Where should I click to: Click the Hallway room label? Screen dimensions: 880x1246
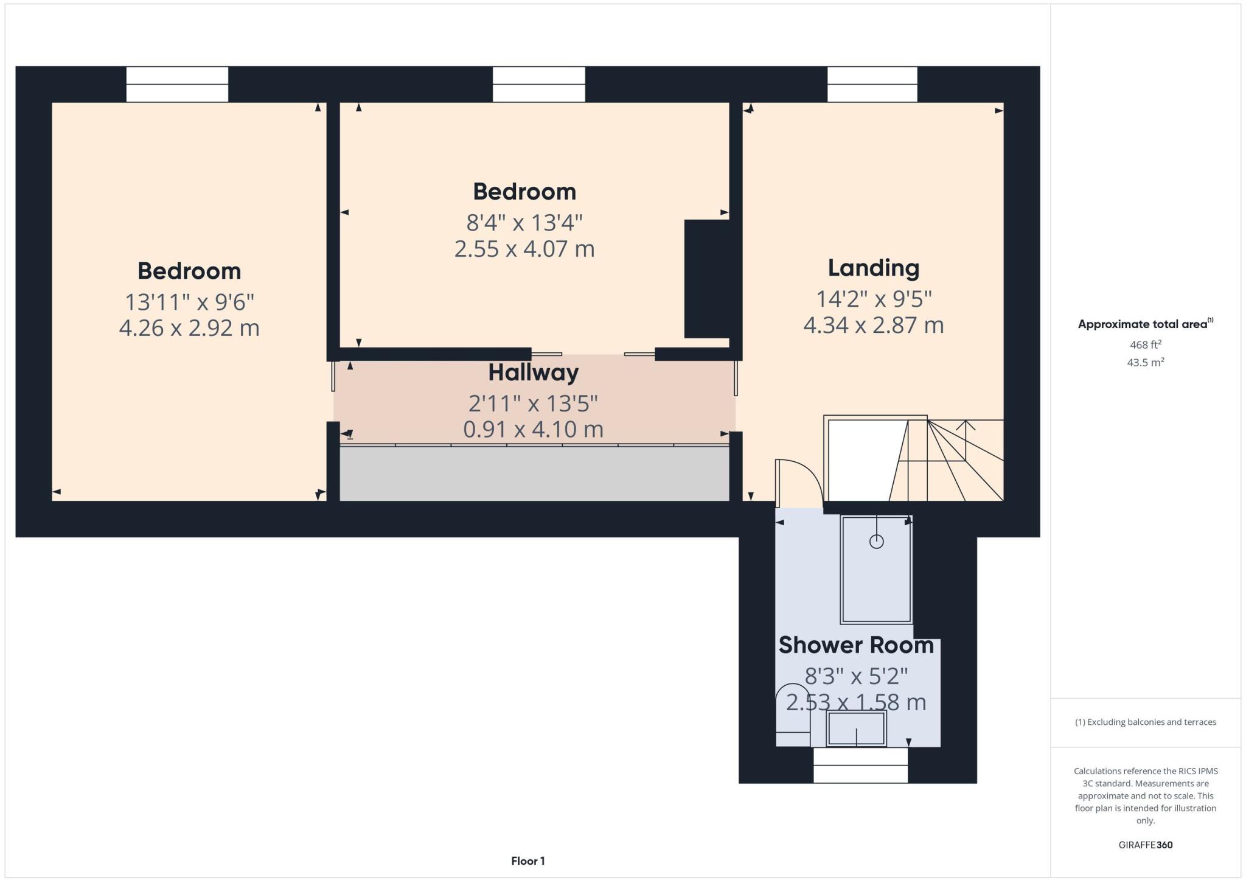[533, 372]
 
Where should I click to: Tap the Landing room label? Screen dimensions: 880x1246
[873, 268]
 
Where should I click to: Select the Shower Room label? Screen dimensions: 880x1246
[855, 645]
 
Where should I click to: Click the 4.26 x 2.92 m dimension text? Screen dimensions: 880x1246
[189, 328]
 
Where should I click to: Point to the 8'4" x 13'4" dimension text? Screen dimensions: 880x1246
[524, 223]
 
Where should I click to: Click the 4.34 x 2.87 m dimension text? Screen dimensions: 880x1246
[873, 325]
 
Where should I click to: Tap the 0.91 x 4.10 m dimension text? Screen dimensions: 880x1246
[533, 430]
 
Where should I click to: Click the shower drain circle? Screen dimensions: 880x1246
[876, 541]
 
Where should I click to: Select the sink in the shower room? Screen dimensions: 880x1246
[856, 728]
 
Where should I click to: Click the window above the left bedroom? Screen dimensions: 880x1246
[177, 84]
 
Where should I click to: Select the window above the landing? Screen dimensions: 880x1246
[872, 84]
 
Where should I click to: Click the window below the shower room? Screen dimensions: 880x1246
[860, 765]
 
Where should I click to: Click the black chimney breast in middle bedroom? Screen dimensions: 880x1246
[706, 279]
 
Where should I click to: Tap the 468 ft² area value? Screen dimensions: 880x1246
[1145, 344]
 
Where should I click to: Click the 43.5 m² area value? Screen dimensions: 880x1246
[1145, 363]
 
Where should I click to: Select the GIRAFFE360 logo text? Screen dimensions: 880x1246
[1145, 845]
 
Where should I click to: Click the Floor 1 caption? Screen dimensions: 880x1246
[527, 861]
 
